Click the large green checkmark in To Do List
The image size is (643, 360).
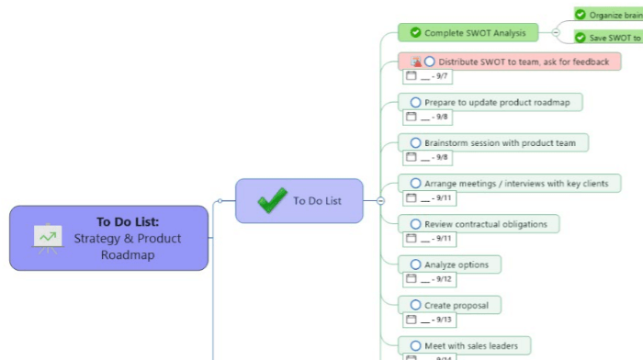(272, 200)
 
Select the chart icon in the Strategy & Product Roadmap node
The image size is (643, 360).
(47, 237)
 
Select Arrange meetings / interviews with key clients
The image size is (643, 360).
(515, 184)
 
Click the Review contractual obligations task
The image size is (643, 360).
(485, 224)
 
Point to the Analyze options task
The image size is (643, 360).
(457, 264)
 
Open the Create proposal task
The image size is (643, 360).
(456, 305)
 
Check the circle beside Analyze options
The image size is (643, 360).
(415, 264)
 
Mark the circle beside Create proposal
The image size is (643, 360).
(415, 305)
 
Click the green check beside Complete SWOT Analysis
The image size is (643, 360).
(415, 33)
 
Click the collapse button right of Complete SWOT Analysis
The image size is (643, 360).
(556, 33)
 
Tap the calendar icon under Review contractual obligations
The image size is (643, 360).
(411, 239)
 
